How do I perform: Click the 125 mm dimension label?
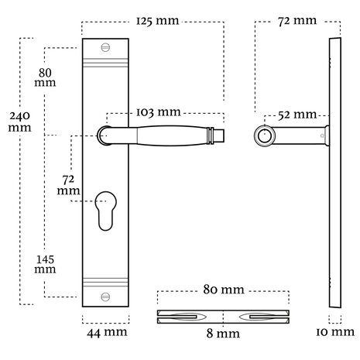coord(157,21)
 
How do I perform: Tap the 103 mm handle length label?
coord(158,112)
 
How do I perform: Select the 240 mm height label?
coord(19,122)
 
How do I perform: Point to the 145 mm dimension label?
coord(45,264)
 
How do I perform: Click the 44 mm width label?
coord(107,333)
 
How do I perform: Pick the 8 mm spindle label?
coord(223,334)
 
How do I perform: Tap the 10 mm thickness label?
coord(335,332)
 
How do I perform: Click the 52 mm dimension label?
coord(297,115)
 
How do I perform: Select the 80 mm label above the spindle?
coord(224,290)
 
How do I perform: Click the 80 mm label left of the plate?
coord(45,77)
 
